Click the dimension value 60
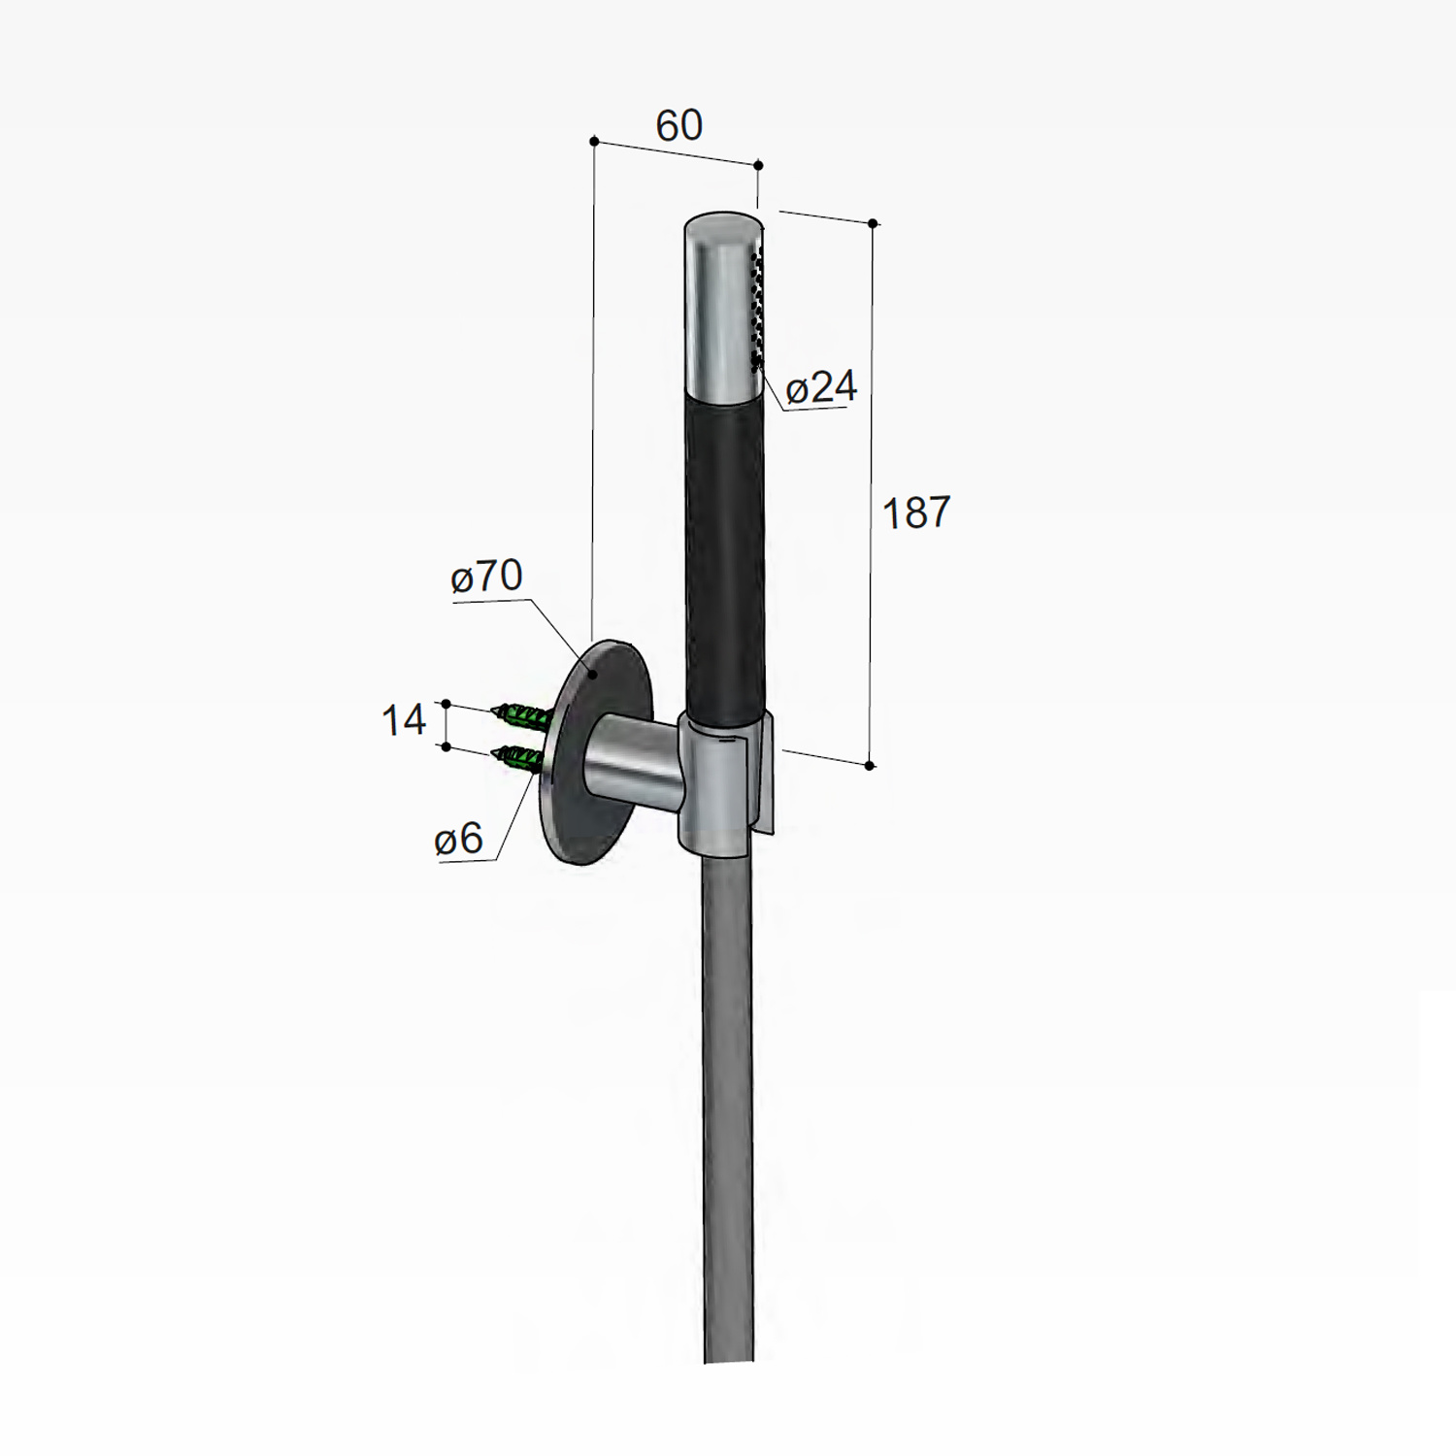pos(678,125)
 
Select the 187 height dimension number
pos(916,513)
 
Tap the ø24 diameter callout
pos(821,387)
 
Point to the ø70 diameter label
pos(487,577)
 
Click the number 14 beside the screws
pos(404,720)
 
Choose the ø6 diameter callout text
pos(459,839)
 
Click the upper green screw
pos(524,718)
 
